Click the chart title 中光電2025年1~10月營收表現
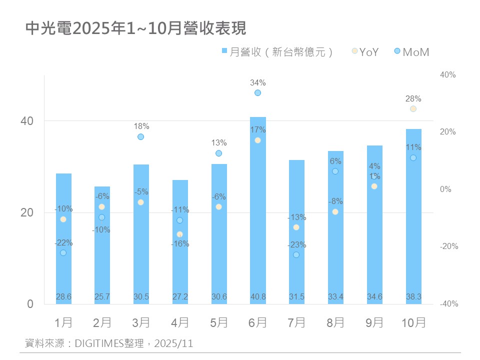136,28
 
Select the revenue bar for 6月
258,210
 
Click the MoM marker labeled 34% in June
258,93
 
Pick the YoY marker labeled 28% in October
413,109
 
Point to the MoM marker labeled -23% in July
296,255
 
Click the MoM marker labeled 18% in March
141,137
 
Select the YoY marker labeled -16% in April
179,234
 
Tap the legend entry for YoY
365,52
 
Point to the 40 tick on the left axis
27,121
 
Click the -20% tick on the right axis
448,247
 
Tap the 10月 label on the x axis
413,322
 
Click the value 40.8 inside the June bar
258,297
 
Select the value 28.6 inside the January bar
63,297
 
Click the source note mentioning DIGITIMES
109,343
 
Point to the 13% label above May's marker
218,143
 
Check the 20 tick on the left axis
27,213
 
